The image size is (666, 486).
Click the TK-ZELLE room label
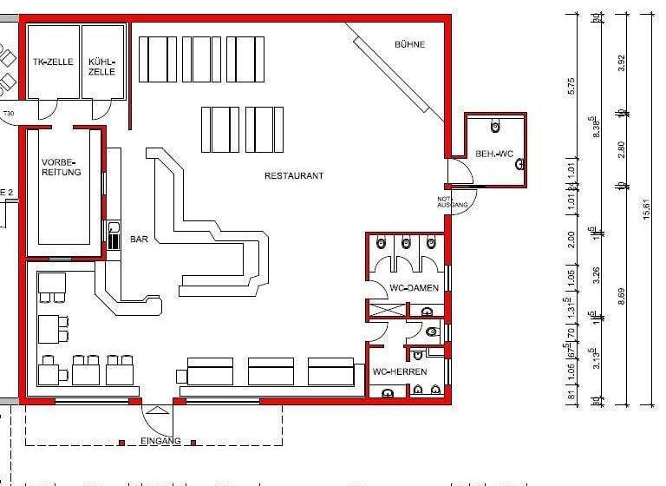52,62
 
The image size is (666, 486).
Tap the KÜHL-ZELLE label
101,66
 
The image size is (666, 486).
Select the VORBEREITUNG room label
61,167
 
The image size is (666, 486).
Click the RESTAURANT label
294,175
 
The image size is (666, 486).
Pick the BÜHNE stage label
409,44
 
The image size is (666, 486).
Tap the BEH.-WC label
494,154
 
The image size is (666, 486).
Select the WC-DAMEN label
414,287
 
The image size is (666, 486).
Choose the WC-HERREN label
400,371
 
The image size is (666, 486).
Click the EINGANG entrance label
160,441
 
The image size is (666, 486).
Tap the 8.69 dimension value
621,295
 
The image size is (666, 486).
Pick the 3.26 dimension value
595,276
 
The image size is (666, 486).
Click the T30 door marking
9,114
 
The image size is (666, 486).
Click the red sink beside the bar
114,235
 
